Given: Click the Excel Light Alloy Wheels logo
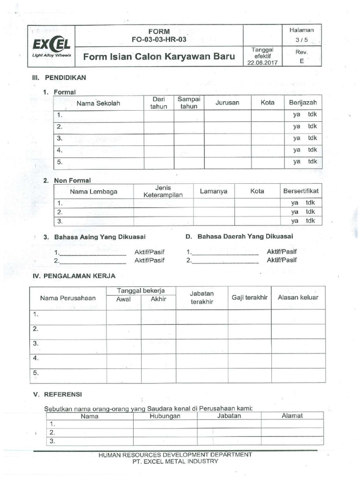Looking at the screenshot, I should tap(52, 47).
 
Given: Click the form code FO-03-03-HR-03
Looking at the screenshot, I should tap(158, 39).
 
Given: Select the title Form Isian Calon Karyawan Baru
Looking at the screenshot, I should tap(158, 57).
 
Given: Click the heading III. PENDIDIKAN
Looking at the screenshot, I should tap(59, 77).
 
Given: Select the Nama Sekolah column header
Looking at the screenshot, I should tap(98, 103).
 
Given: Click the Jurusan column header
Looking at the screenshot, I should tap(227, 103).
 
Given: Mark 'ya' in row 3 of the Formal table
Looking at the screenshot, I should tap(297, 138).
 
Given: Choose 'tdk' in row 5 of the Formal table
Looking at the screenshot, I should tap(313, 162).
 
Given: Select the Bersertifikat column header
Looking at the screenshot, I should tap(301, 191).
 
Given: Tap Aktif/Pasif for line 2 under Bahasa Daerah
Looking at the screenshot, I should tap(282, 260).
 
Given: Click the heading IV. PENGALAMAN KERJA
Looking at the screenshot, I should tap(73, 276).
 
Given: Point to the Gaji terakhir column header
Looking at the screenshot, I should tap(249, 298).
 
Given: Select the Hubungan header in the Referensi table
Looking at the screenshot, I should tap(165, 416).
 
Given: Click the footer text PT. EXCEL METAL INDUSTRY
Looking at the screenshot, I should tap(175, 461).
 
